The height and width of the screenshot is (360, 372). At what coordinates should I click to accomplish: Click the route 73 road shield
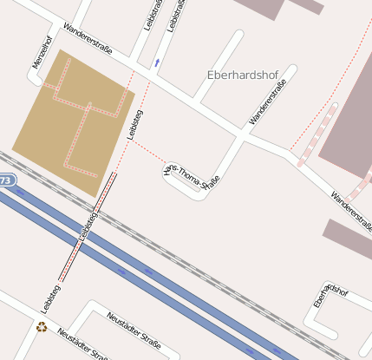pos(6,180)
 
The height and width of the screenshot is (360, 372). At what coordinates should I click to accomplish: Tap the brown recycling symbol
pos(42,327)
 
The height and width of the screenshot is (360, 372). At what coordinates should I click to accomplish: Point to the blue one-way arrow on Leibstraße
pos(157,62)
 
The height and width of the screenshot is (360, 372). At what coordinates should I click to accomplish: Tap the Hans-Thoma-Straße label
pos(192,171)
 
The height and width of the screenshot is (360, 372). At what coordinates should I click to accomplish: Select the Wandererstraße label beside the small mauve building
pos(349,199)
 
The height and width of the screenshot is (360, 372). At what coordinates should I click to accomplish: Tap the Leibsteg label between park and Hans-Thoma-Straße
pos(134,124)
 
